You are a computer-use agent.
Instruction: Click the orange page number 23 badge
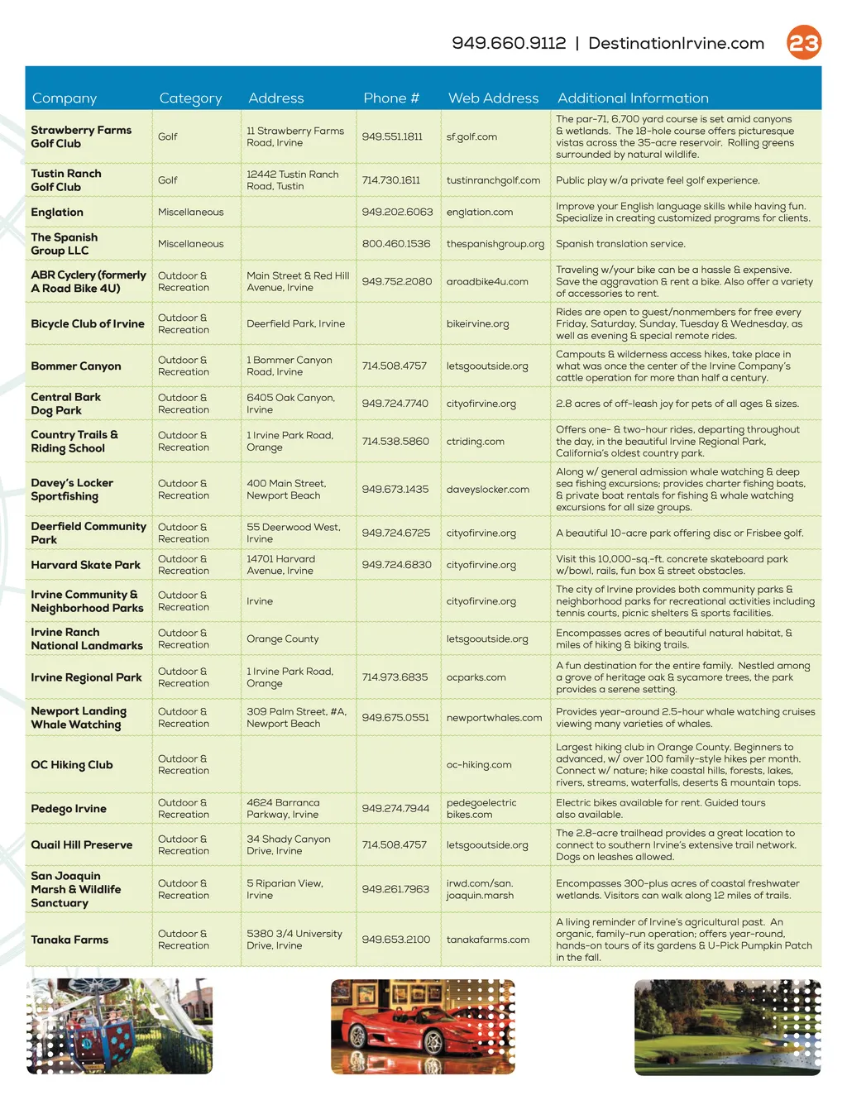(x=803, y=43)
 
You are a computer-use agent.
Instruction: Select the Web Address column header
(x=493, y=98)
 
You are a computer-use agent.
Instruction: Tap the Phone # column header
(x=391, y=98)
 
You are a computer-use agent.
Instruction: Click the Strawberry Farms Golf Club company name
(x=81, y=136)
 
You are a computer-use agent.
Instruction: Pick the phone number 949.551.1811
(x=392, y=136)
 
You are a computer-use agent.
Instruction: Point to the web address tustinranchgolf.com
(x=493, y=180)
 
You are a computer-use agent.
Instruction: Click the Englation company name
(x=57, y=213)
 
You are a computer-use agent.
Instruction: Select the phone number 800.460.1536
(x=395, y=244)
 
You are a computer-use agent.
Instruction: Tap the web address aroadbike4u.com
(x=487, y=281)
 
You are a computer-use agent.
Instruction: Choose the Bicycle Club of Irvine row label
(x=88, y=324)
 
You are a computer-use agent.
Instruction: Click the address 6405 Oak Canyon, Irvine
(x=290, y=404)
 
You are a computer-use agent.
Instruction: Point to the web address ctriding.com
(x=476, y=442)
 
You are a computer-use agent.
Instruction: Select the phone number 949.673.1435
(x=395, y=489)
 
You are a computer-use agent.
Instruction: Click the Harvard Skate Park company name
(x=86, y=565)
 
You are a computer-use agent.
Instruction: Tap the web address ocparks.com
(x=476, y=677)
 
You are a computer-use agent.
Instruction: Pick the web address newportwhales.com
(x=494, y=718)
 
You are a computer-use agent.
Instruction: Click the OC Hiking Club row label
(x=72, y=765)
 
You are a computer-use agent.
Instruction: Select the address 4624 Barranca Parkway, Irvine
(x=283, y=809)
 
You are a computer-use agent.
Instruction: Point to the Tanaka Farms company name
(x=69, y=940)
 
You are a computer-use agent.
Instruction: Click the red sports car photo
(x=423, y=1027)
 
